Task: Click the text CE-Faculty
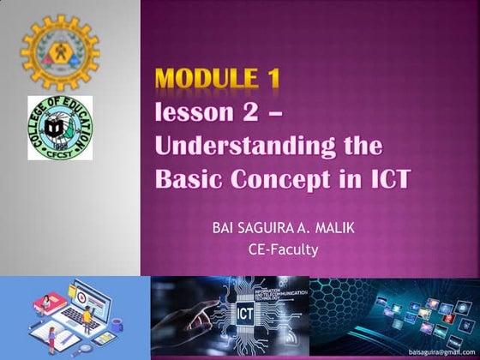tap(282, 250)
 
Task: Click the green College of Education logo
tap(59, 128)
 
